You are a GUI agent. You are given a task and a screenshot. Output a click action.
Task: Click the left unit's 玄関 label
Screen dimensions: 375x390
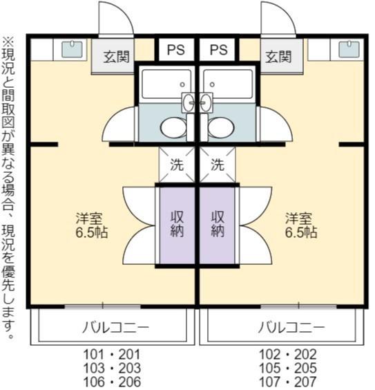pos(117,57)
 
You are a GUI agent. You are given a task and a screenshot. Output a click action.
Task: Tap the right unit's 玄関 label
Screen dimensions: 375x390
pos(278,57)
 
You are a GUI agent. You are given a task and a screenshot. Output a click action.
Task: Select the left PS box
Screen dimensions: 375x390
pos(176,50)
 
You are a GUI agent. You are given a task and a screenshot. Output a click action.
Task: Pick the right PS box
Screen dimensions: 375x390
pos(218,50)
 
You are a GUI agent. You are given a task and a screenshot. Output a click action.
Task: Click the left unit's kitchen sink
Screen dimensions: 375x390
pos(72,49)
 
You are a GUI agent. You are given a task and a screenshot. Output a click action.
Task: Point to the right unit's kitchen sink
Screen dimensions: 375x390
pos(349,49)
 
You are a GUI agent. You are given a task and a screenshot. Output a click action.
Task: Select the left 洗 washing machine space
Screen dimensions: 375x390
pos(177,165)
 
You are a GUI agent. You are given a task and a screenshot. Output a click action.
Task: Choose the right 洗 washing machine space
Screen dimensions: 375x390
pos(218,165)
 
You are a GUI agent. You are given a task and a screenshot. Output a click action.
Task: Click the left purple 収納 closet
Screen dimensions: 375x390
pos(177,225)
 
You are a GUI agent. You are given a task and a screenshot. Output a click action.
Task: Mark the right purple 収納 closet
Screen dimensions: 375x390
pos(218,225)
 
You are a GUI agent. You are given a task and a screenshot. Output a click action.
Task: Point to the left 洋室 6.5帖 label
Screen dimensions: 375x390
pos(92,225)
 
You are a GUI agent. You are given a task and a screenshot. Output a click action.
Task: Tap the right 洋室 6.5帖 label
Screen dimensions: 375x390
pos(300,225)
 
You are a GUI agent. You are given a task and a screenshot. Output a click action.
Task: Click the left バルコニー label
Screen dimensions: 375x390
pos(116,327)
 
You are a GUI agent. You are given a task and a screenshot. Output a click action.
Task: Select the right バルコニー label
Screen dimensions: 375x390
pos(291,327)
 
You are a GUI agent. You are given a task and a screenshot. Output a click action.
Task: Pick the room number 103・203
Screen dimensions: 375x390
pos(112,368)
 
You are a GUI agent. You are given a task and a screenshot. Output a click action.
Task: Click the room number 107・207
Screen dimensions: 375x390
pos(288,382)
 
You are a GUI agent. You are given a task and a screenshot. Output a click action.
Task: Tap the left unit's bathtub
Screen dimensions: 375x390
pos(166,84)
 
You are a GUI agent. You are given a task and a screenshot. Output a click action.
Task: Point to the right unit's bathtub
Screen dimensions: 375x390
pos(228,84)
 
